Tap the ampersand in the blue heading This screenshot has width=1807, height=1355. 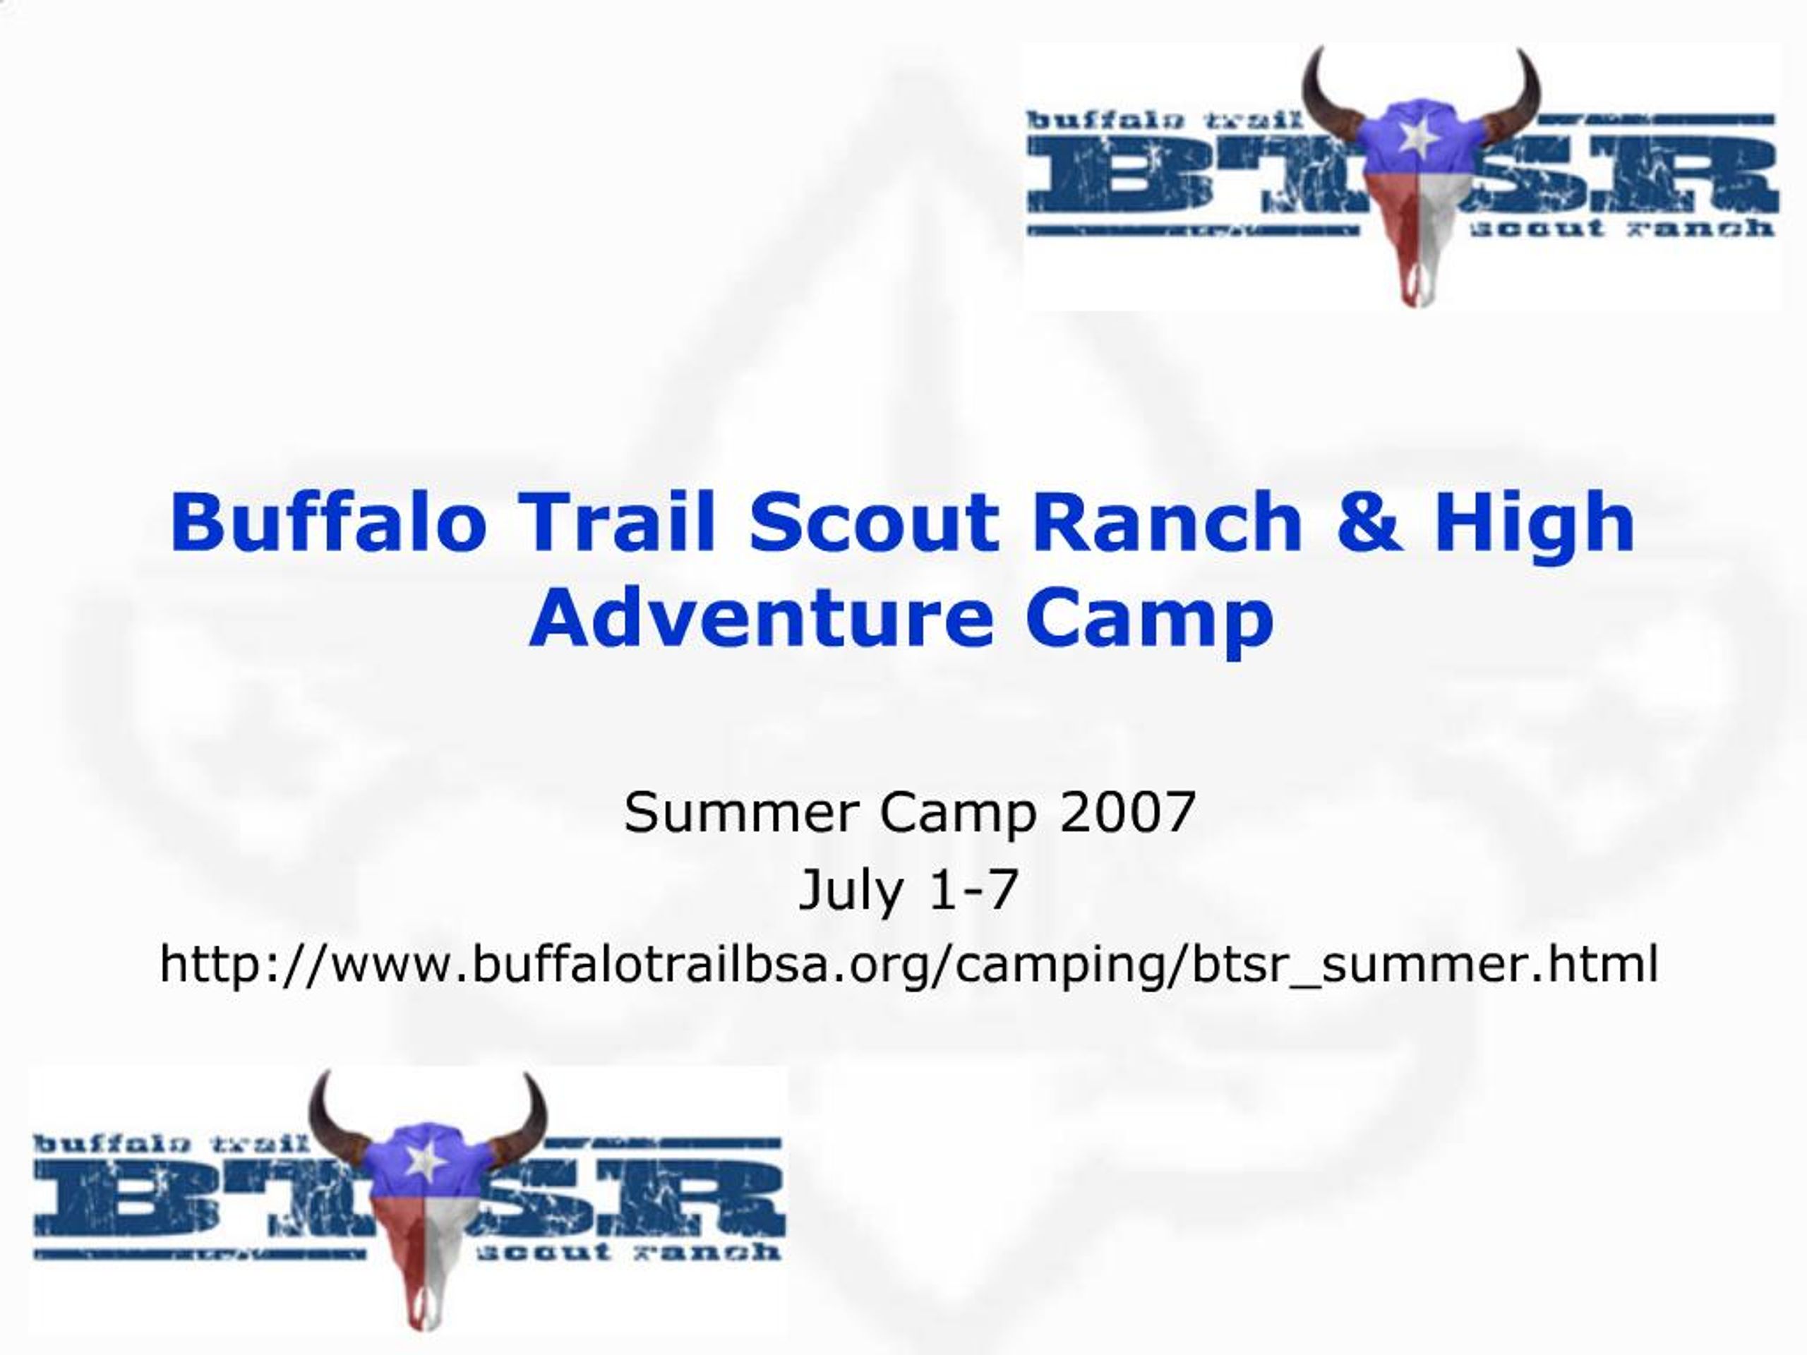pos(1370,523)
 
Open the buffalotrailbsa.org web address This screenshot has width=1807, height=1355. pos(908,965)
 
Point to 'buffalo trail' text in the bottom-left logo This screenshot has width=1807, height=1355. pos(172,1143)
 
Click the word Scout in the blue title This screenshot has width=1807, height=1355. pos(874,523)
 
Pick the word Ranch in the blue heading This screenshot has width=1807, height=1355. pos(1167,523)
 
